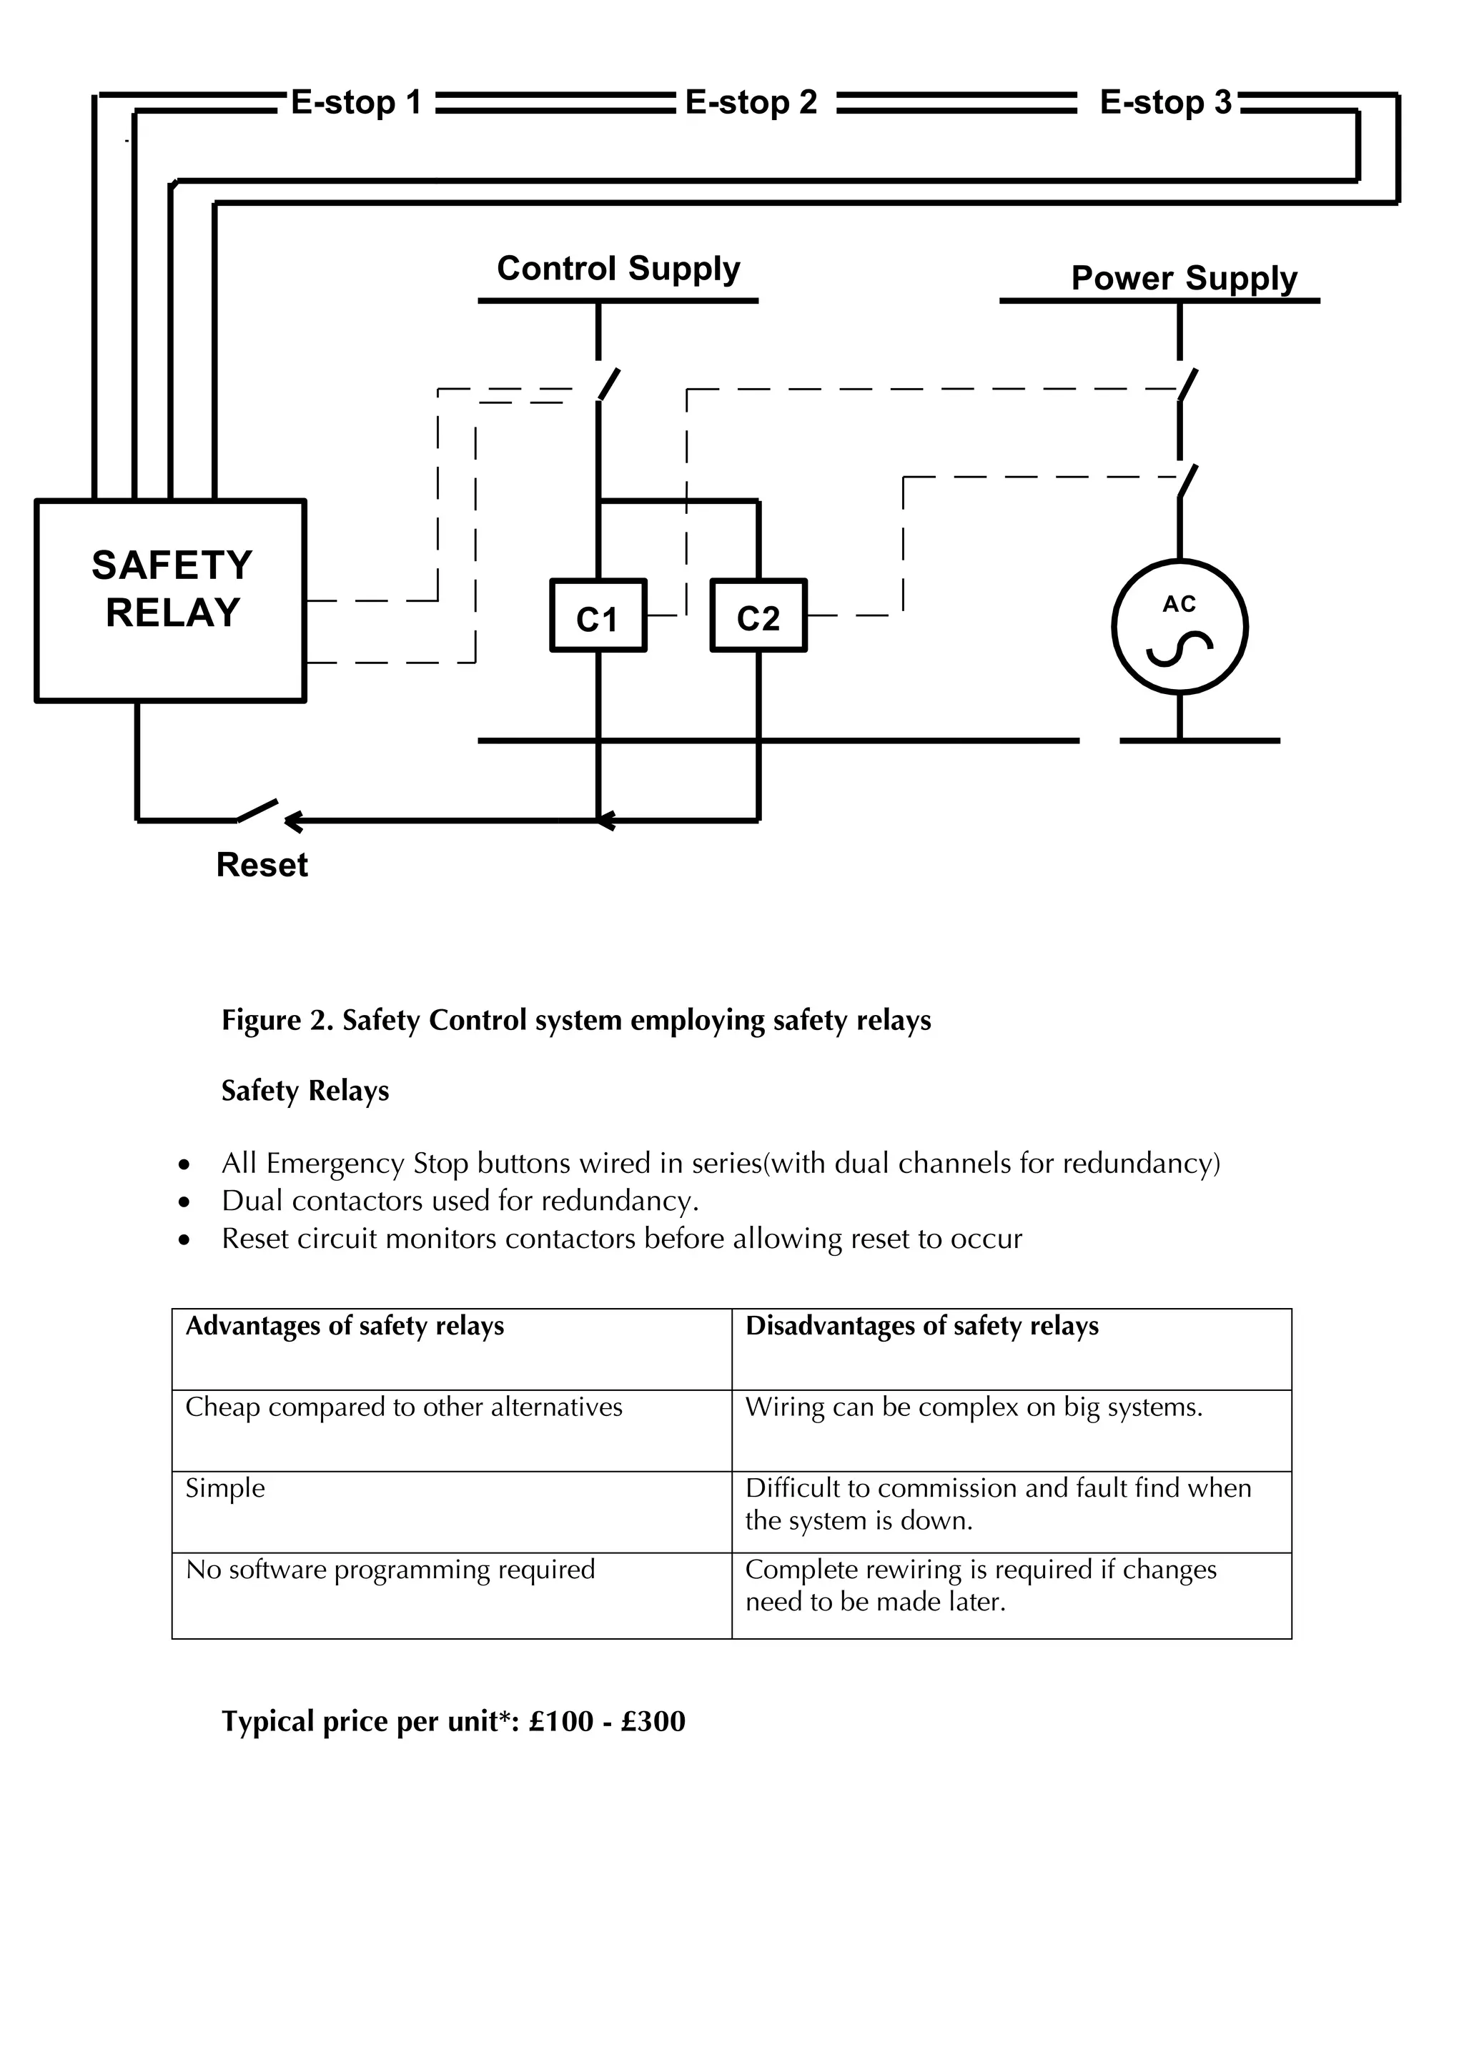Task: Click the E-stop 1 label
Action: (356, 103)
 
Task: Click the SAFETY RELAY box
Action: (172, 600)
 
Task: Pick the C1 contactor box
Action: (598, 615)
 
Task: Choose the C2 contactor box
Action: (758, 615)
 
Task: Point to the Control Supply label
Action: (618, 269)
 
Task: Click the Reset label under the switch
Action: (262, 865)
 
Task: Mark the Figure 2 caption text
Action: (576, 1021)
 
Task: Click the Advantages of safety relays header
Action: (345, 1326)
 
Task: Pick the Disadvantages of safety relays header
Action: (921, 1326)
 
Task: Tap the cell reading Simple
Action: (225, 1488)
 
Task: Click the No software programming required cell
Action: (390, 1570)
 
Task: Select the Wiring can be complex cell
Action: (974, 1407)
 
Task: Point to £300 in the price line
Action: (653, 1722)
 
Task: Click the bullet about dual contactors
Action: (460, 1201)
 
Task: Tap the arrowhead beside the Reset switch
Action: (294, 821)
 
